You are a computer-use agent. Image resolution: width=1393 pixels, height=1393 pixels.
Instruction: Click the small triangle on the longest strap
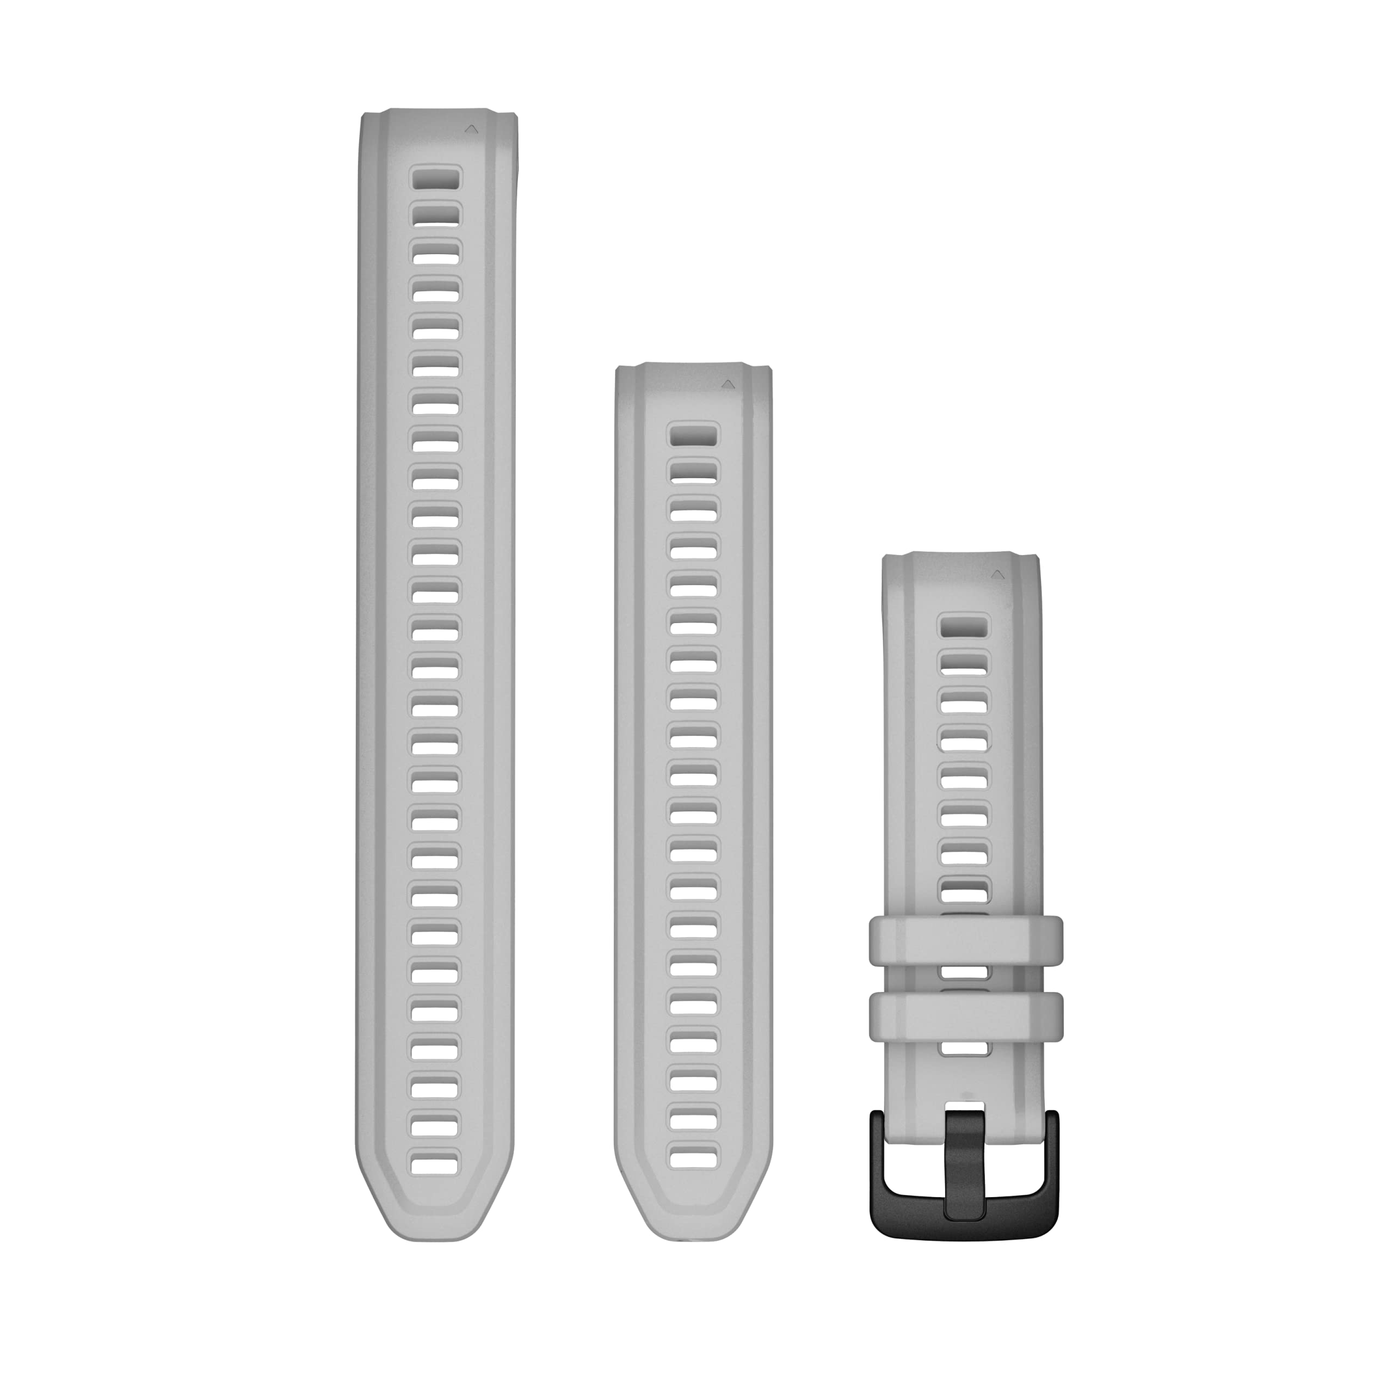click(471, 129)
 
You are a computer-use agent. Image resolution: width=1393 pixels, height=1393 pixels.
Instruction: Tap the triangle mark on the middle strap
click(728, 385)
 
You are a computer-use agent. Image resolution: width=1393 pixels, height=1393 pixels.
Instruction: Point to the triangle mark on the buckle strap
click(998, 575)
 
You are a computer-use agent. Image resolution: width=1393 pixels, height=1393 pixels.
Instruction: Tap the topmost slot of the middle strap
click(694, 435)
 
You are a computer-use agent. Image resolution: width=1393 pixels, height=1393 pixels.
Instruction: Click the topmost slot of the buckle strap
click(964, 626)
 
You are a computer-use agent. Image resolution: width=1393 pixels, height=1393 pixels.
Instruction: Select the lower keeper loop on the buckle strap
click(965, 1016)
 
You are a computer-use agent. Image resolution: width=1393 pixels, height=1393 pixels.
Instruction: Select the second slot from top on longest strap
click(435, 215)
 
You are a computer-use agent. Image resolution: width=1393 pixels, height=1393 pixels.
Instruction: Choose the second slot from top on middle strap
click(694, 472)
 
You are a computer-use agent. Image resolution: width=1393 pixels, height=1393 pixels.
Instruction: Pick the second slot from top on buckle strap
click(964, 663)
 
